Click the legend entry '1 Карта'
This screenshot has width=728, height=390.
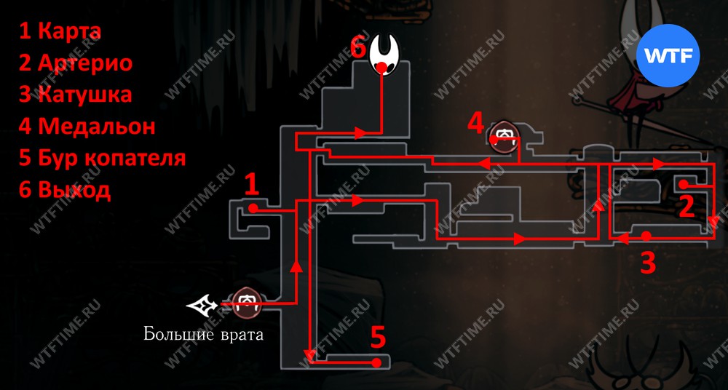pos(60,31)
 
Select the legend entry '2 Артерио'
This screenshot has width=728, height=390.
pos(76,63)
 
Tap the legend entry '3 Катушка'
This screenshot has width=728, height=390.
pos(75,95)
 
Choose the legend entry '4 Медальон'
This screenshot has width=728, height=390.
pos(87,127)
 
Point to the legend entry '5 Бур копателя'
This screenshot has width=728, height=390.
pos(102,159)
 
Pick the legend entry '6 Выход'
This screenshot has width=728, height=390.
pos(65,189)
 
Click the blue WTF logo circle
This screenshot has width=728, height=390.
pos(668,56)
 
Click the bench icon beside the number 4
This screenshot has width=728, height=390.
pos(505,137)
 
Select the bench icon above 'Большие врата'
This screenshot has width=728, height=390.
pos(247,303)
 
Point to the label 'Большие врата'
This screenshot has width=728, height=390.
pos(203,334)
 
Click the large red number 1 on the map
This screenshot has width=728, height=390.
pos(251,186)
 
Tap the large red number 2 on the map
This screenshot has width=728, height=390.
pos(687,207)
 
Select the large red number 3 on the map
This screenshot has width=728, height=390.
pos(648,263)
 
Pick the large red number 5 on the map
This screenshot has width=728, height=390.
pos(379,338)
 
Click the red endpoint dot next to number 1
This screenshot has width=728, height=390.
pos(253,209)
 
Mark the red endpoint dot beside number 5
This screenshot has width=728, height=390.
pos(379,362)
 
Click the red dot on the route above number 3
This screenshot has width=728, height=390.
pos(646,236)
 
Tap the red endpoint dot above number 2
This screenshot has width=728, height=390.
pos(683,184)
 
